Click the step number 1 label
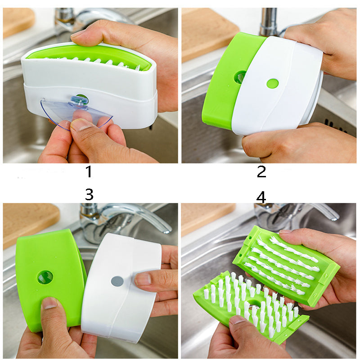pyautogui.click(x=89, y=171)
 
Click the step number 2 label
pyautogui.click(x=261, y=171)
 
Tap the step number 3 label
pyautogui.click(x=89, y=194)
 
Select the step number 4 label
pyautogui.click(x=261, y=197)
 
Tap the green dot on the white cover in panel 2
pyautogui.click(x=272, y=83)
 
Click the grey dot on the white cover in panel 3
pyautogui.click(x=117, y=281)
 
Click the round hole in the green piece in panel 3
pyautogui.click(x=45, y=277)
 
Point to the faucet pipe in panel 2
pyautogui.click(x=268, y=20)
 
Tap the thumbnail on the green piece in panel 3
pyautogui.click(x=49, y=303)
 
